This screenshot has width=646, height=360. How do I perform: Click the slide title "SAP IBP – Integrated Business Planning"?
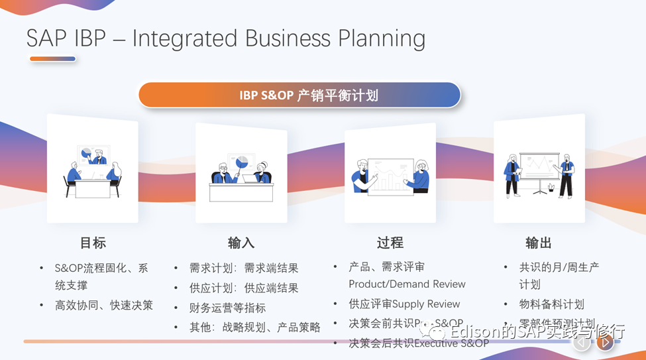[x=226, y=38]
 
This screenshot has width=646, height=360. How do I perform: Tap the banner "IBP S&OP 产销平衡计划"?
[x=299, y=95]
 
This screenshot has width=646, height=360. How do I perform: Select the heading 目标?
[x=93, y=243]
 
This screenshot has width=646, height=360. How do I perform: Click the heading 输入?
[x=241, y=243]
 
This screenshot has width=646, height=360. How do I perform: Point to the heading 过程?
[x=390, y=243]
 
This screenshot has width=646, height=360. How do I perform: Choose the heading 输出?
[x=539, y=243]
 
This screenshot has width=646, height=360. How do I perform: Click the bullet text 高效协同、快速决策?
[x=104, y=305]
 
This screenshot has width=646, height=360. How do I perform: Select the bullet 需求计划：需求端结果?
[x=244, y=268]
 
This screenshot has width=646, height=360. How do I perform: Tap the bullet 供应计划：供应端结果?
[x=244, y=288]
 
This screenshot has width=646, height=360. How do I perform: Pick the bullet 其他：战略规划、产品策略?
[x=254, y=327]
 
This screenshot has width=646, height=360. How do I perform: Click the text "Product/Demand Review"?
[x=407, y=284]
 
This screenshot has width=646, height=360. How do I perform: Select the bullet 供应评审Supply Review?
[x=404, y=304]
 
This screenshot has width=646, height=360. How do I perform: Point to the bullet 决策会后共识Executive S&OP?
[x=418, y=343]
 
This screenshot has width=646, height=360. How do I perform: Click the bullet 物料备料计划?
[x=551, y=304]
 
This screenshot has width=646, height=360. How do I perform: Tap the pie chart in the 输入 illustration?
[x=242, y=162]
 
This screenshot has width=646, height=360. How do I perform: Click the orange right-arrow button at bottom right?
[x=604, y=342]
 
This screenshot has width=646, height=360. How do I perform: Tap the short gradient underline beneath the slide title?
[x=52, y=59]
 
